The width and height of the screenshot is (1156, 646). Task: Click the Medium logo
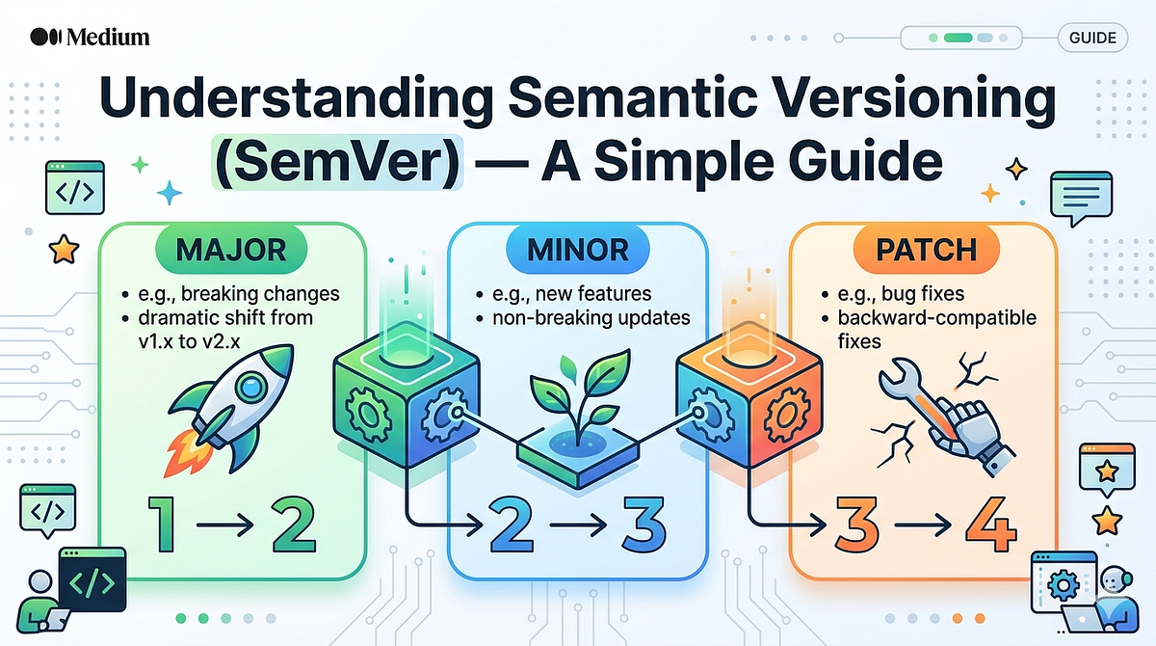coord(90,37)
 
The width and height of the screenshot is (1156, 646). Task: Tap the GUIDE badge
coord(1092,38)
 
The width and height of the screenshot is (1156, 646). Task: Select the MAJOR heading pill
coord(231,250)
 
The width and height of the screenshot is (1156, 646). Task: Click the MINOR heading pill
coord(578,250)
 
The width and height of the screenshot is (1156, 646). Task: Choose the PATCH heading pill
coord(927,250)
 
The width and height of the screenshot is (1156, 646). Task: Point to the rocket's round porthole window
coord(251,387)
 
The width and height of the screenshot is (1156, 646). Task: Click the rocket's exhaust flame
coord(187,453)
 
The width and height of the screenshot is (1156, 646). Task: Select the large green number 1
coord(163,525)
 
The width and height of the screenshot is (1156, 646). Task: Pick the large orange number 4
coord(991,525)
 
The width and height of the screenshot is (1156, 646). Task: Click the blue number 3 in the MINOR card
coord(644,525)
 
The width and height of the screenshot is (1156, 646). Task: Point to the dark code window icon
coord(92,579)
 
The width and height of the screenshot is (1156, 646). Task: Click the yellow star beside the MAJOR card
coord(64,250)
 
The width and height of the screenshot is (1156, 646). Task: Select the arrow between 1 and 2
coord(225,525)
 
